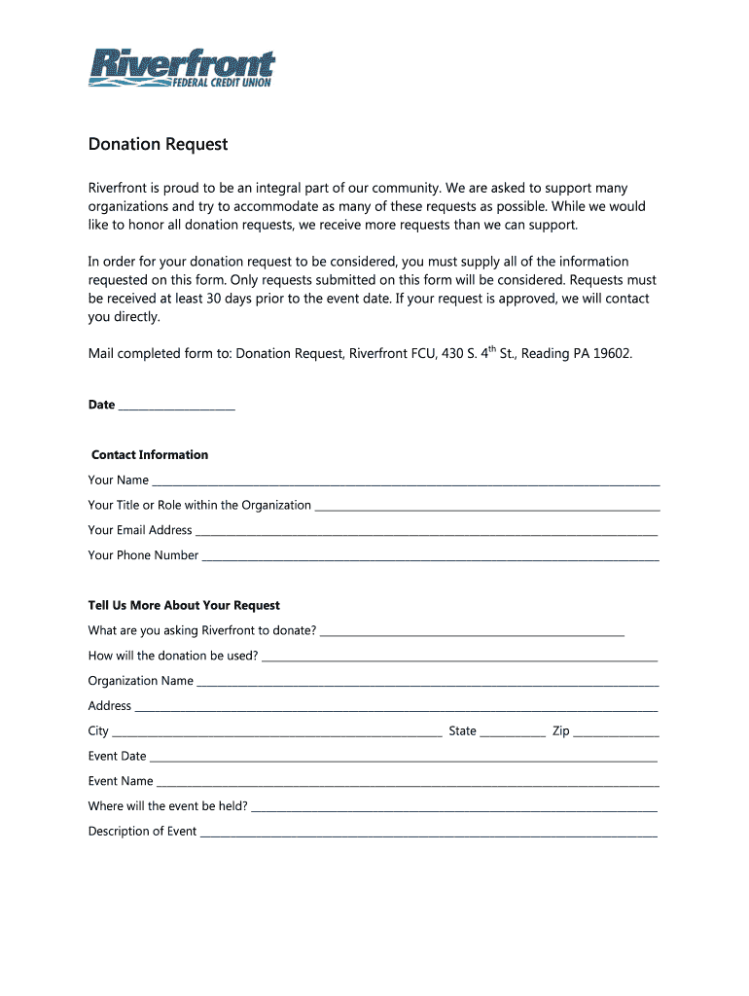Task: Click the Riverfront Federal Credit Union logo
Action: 182,68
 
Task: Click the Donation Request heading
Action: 158,144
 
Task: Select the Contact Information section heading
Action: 150,454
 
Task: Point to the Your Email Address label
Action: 140,530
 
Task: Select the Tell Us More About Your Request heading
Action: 184,605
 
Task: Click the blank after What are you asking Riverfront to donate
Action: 472,633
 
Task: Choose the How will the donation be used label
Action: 173,656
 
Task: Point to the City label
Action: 98,730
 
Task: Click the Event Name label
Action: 121,781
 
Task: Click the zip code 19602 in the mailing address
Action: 613,353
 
